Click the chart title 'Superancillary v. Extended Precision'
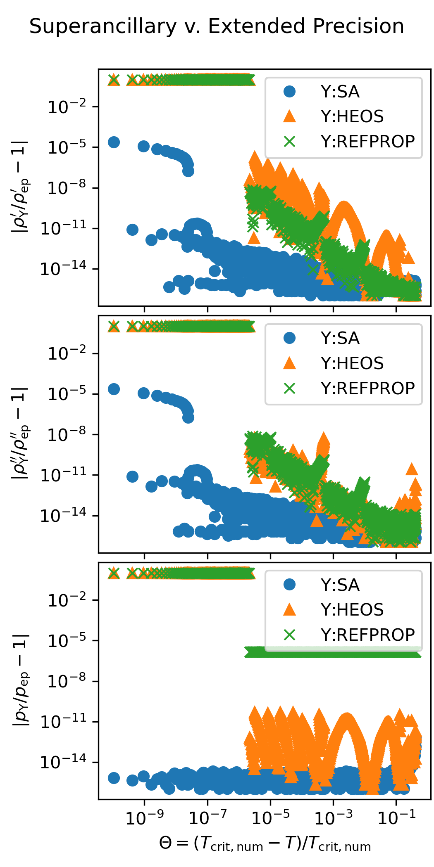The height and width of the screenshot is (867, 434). (217, 26)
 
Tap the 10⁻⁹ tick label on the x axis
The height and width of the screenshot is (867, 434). (144, 817)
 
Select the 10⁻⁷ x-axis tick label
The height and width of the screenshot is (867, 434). (207, 817)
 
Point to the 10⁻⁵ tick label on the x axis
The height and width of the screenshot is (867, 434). (270, 817)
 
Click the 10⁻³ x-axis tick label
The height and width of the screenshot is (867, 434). (334, 817)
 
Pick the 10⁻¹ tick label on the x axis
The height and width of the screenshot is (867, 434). (396, 817)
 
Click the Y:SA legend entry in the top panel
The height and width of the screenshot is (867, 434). (340, 92)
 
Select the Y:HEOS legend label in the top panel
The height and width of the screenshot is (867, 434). (352, 117)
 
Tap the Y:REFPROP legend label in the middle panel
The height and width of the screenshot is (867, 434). (367, 388)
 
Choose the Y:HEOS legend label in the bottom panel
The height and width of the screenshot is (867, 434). (352, 610)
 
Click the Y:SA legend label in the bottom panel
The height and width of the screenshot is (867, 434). (340, 585)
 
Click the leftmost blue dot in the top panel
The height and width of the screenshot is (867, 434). (114, 142)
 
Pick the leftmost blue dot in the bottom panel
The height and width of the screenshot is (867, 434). (114, 778)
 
